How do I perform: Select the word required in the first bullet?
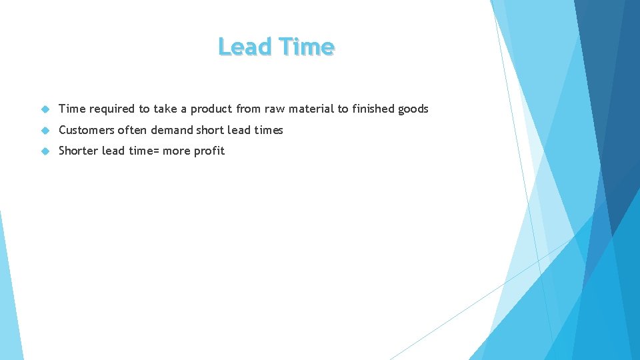112,109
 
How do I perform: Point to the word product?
209,109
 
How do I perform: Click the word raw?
275,109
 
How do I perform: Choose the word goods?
413,109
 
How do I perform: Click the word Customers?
86,130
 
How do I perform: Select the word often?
132,130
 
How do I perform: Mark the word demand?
172,130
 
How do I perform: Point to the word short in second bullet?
210,130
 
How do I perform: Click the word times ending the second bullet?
268,130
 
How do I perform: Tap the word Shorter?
78,151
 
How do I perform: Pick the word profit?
209,151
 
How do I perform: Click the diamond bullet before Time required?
45,109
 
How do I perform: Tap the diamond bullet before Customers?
45,130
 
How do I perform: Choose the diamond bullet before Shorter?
45,151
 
